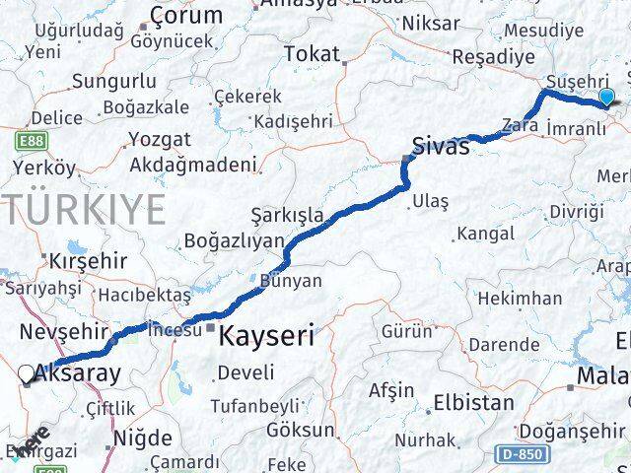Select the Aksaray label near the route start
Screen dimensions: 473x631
(78, 373)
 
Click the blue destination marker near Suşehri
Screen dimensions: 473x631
(606, 97)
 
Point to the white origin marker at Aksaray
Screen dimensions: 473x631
(27, 373)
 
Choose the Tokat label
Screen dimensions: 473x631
(312, 54)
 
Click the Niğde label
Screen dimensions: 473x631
(144, 438)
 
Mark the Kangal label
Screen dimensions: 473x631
(485, 234)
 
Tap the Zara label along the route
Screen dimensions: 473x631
(520, 125)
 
